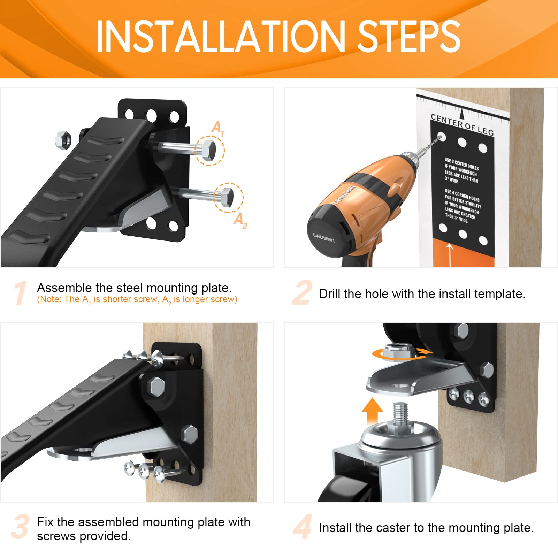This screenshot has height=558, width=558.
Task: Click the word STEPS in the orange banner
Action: [409, 36]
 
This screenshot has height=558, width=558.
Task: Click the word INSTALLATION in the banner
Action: [220, 36]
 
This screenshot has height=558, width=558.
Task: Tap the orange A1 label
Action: [218, 128]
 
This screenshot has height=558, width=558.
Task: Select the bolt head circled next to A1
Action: [208, 150]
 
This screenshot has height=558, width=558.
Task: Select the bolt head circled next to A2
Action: [227, 197]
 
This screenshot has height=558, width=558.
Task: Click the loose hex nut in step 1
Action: [63, 139]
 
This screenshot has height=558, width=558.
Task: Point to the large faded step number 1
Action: [20, 293]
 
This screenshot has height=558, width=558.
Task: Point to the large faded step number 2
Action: [302, 293]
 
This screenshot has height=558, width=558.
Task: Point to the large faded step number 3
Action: [20, 526]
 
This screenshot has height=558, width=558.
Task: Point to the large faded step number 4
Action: [303, 526]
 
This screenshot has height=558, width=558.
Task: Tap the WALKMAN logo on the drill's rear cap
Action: [323, 238]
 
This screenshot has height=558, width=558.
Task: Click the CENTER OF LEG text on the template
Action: [462, 124]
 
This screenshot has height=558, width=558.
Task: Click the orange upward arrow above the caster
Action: [372, 411]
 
